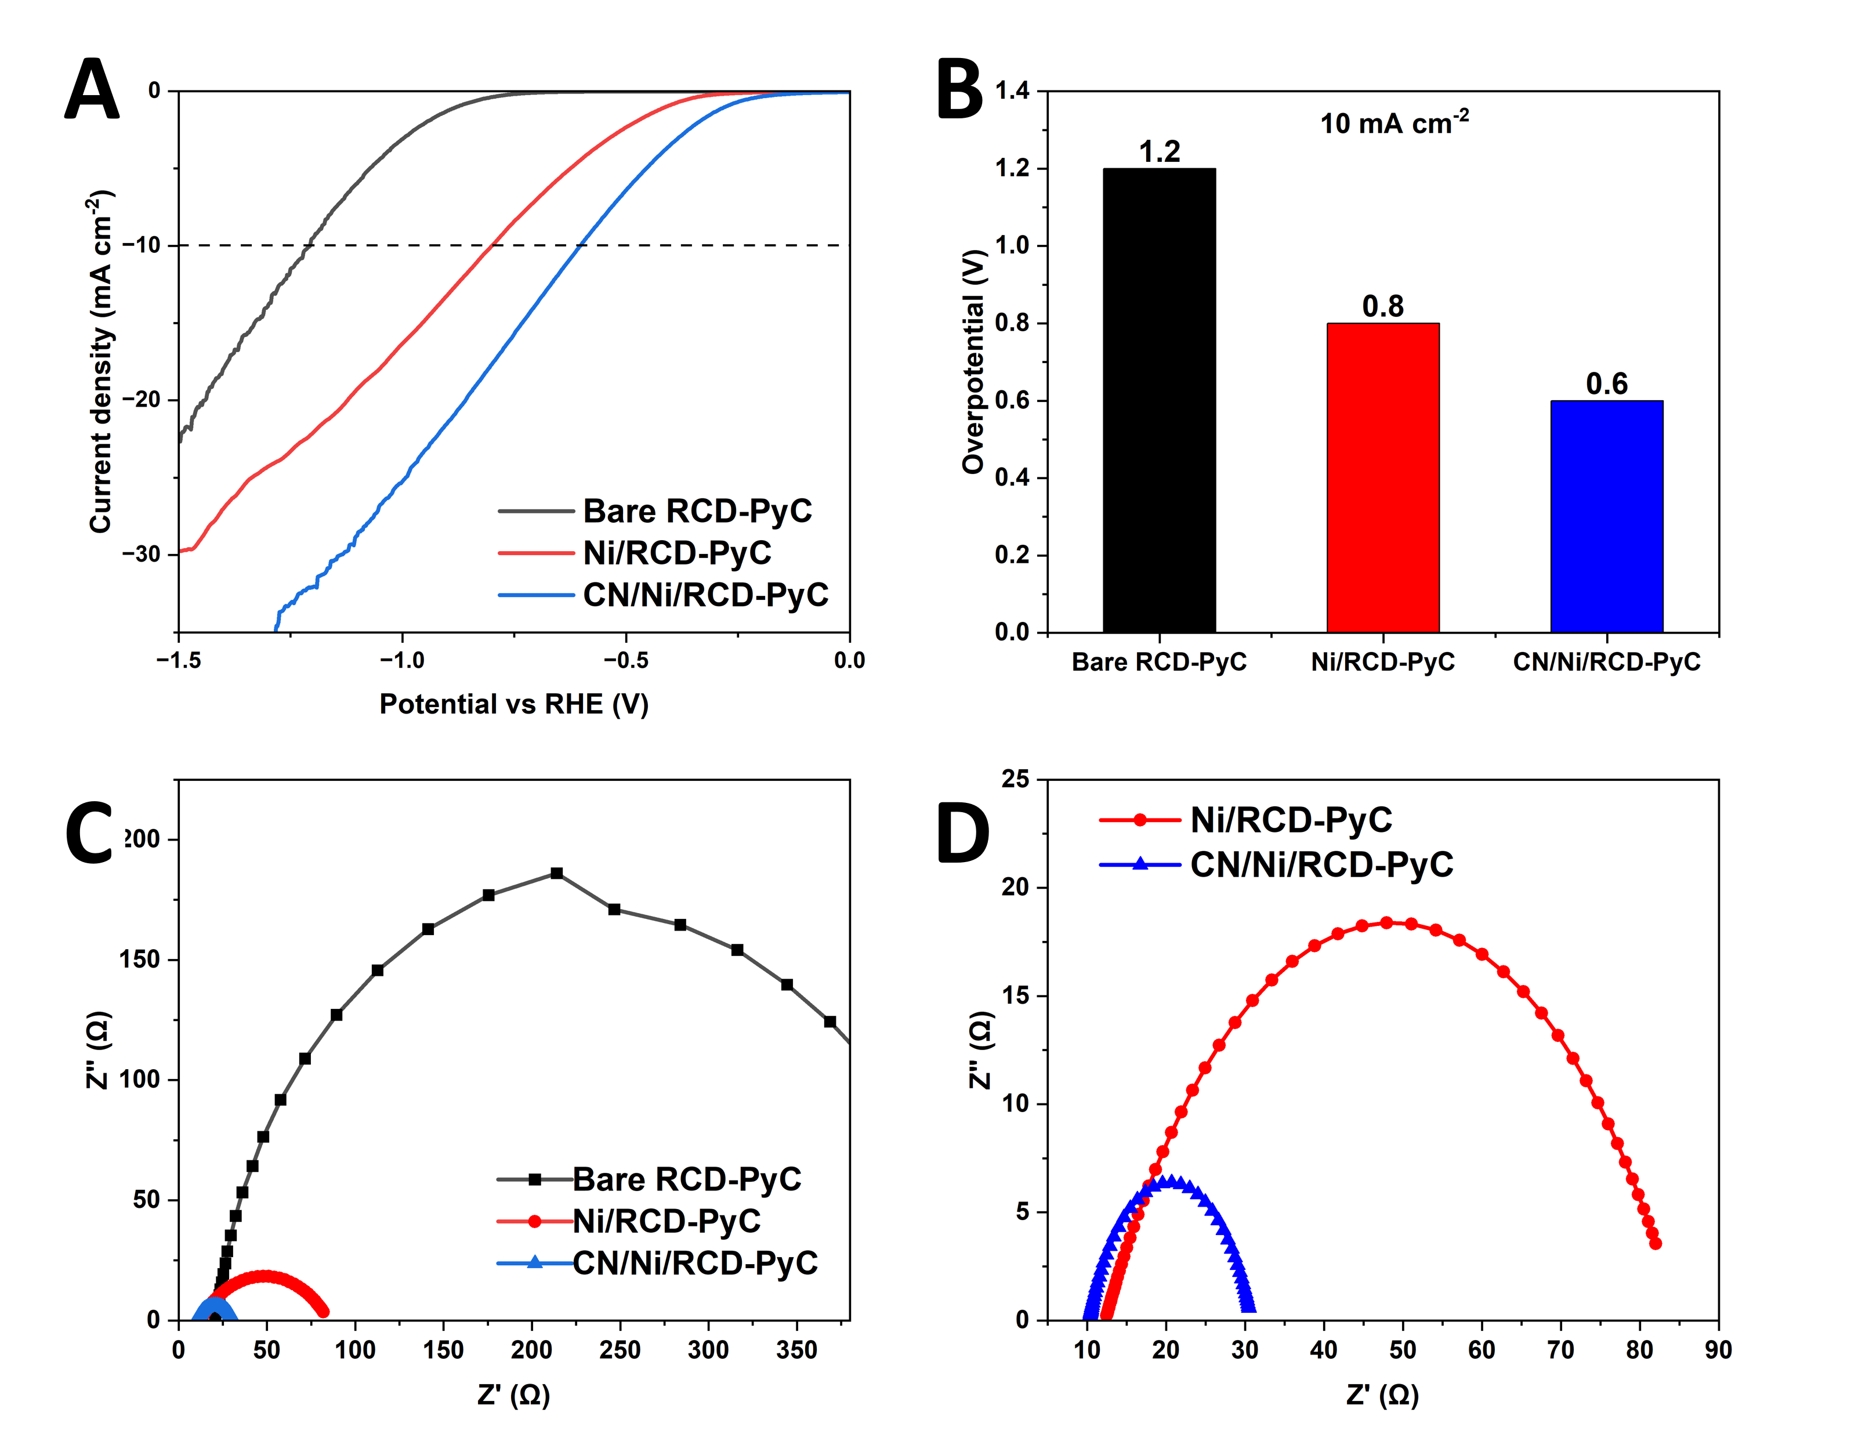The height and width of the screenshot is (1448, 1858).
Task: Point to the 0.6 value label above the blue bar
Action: [1606, 383]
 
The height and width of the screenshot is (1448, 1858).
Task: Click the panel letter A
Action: [91, 89]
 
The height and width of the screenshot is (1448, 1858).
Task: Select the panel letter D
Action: [962, 834]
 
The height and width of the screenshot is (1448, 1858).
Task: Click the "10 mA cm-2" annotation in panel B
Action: [1393, 124]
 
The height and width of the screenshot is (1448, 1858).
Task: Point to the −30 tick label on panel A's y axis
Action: [140, 554]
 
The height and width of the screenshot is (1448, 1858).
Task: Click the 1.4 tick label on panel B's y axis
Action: [1012, 89]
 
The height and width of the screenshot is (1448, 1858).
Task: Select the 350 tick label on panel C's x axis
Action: [796, 1349]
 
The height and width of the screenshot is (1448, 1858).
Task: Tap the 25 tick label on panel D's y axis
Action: [1015, 779]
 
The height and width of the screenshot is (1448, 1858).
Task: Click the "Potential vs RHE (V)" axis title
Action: [514, 704]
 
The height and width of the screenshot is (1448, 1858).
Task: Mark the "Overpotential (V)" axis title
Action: [972, 361]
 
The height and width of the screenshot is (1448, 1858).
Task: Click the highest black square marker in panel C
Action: [556, 873]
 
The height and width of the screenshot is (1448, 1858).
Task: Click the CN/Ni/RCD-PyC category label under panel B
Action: [1606, 662]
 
